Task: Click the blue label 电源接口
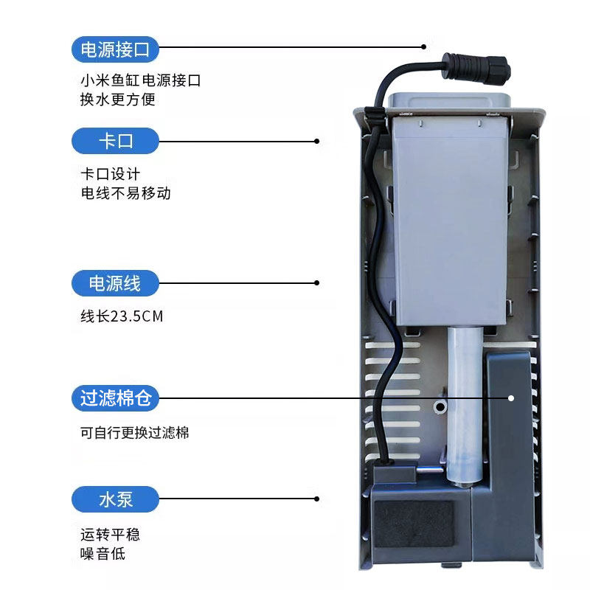115,49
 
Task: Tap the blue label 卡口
115,141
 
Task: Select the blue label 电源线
115,283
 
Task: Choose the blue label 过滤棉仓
115,399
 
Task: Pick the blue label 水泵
115,499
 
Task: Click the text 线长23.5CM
122,316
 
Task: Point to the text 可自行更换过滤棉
135,433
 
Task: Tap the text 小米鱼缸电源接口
140,80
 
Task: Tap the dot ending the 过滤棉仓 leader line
510,398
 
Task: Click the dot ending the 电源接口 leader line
424,47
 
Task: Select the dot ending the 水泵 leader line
317,499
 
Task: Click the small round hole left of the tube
440,406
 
